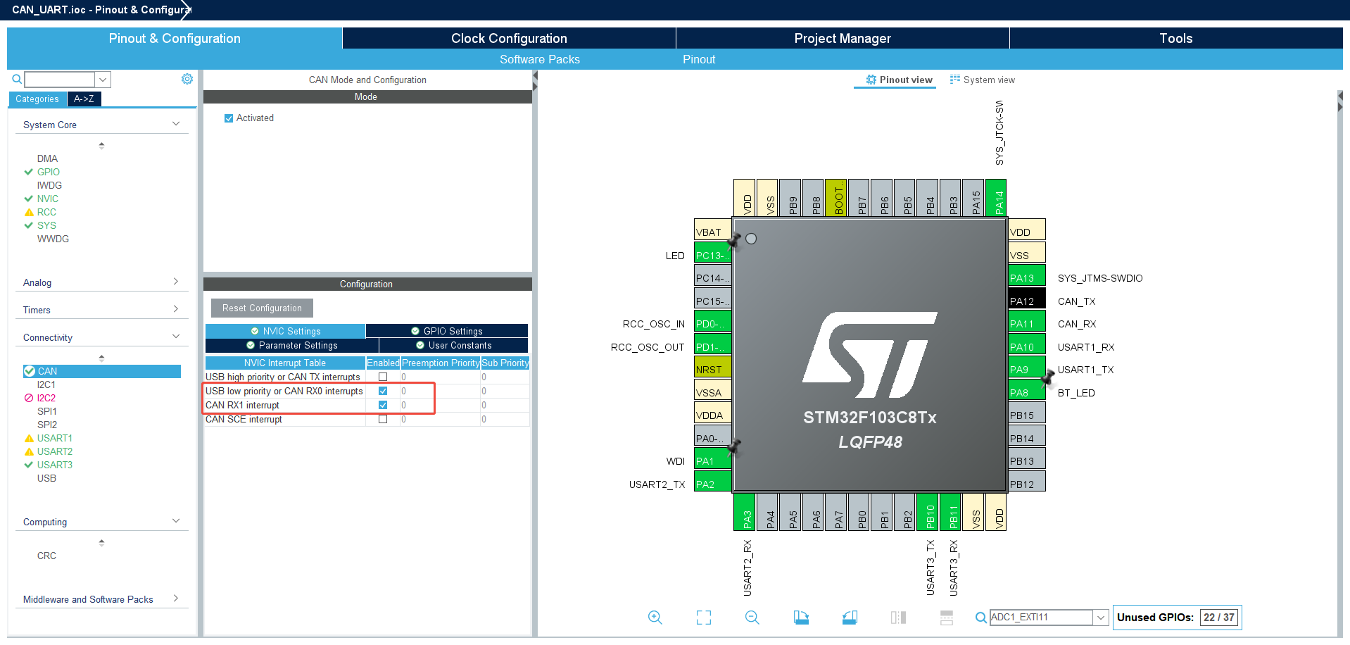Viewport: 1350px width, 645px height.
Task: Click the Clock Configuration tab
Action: click(509, 39)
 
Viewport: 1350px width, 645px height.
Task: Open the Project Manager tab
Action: click(843, 39)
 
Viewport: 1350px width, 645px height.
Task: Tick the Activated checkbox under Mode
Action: click(229, 118)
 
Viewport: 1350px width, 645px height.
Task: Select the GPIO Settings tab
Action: click(447, 331)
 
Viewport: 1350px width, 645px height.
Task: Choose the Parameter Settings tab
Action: click(292, 346)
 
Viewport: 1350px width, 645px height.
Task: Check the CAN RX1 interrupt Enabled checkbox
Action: click(383, 405)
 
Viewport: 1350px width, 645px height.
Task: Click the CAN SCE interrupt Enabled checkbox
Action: click(383, 419)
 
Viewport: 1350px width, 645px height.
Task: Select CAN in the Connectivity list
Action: click(48, 371)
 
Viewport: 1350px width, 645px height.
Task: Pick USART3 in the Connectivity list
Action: click(55, 465)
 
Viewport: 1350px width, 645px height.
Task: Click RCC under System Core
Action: click(46, 212)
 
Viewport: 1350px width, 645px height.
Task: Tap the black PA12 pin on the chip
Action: click(1027, 301)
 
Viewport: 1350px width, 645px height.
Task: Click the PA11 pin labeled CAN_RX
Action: click(1027, 324)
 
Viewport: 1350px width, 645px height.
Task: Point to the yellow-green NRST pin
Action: click(712, 369)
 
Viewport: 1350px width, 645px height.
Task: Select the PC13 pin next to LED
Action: click(712, 255)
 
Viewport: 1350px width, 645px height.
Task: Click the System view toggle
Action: click(983, 80)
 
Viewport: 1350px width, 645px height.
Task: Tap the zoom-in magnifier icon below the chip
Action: click(655, 618)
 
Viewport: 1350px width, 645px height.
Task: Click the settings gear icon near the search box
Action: click(187, 79)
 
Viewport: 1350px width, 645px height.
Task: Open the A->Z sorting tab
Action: click(84, 99)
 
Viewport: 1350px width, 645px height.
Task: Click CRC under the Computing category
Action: click(46, 556)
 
